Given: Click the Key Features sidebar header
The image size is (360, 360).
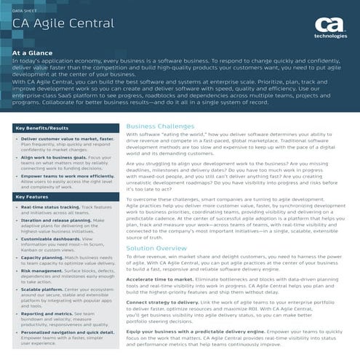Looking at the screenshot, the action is pos(32,196).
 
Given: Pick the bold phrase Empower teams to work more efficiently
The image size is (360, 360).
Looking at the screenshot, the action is pos(65,175).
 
